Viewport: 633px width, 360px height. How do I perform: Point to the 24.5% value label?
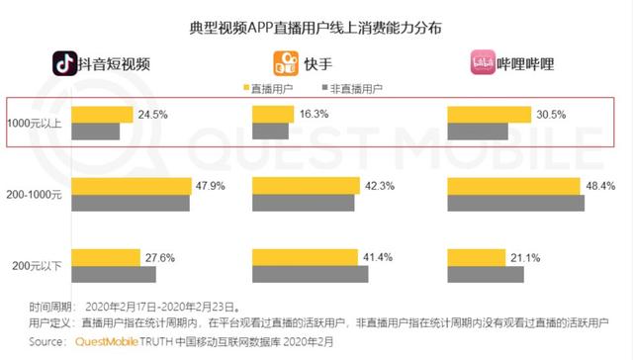[153, 114]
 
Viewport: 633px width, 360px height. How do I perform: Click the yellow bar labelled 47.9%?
[134, 186]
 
